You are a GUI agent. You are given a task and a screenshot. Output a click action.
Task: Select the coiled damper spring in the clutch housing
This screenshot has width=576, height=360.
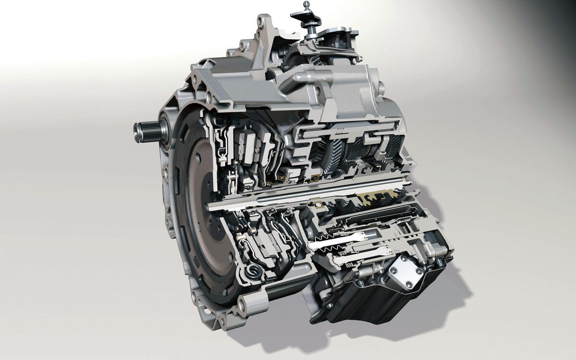[251, 273]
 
